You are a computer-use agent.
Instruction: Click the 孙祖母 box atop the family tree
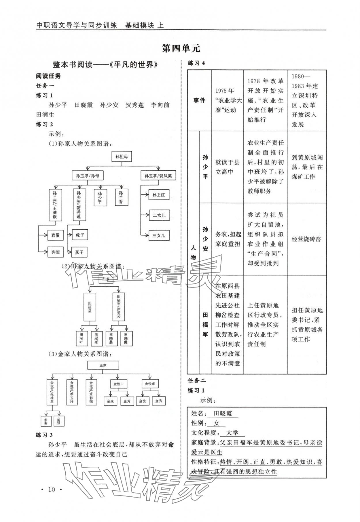click(x=122, y=157)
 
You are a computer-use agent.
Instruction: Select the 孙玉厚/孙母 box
click(x=87, y=176)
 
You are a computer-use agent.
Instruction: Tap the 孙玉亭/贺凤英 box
click(x=158, y=176)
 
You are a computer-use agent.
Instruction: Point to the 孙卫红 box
click(x=159, y=195)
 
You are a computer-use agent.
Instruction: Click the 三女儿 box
click(x=159, y=235)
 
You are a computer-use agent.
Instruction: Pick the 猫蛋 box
click(x=56, y=235)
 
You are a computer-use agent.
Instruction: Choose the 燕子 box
click(x=79, y=252)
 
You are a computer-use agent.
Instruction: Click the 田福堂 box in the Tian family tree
click(x=90, y=307)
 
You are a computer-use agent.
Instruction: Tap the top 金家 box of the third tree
click(x=103, y=365)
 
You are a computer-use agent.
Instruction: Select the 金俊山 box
click(x=118, y=384)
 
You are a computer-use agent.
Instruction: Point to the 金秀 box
click(x=159, y=401)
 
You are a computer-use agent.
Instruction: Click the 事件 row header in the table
click(x=199, y=100)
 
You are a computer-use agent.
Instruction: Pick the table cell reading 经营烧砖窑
click(x=306, y=239)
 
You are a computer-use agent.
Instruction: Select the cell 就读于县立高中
click(x=227, y=167)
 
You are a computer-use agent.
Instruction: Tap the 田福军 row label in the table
click(x=205, y=325)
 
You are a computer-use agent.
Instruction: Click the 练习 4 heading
click(x=196, y=63)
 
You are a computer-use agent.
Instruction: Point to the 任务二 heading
click(x=197, y=380)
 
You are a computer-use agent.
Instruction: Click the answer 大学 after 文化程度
click(x=232, y=433)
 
